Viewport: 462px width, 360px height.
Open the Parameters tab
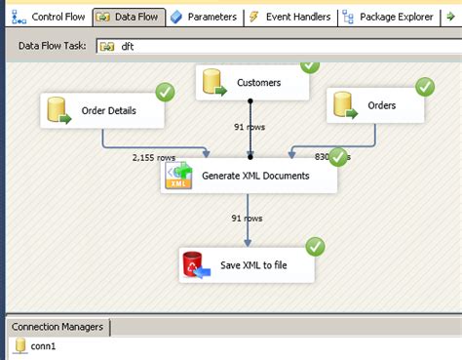(x=204, y=17)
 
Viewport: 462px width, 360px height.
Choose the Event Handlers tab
(x=289, y=17)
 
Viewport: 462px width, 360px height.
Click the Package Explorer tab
(x=390, y=17)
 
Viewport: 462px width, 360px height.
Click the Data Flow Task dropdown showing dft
(x=273, y=45)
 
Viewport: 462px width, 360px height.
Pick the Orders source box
(x=375, y=105)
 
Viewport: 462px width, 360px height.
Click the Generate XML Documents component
(x=249, y=177)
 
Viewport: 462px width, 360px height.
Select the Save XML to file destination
(x=248, y=263)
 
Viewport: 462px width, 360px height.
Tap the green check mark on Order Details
(x=166, y=92)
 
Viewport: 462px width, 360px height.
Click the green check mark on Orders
(x=425, y=87)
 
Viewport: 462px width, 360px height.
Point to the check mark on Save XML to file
(x=315, y=246)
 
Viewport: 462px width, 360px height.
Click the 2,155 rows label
(x=153, y=156)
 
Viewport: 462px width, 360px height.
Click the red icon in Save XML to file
(x=193, y=263)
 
